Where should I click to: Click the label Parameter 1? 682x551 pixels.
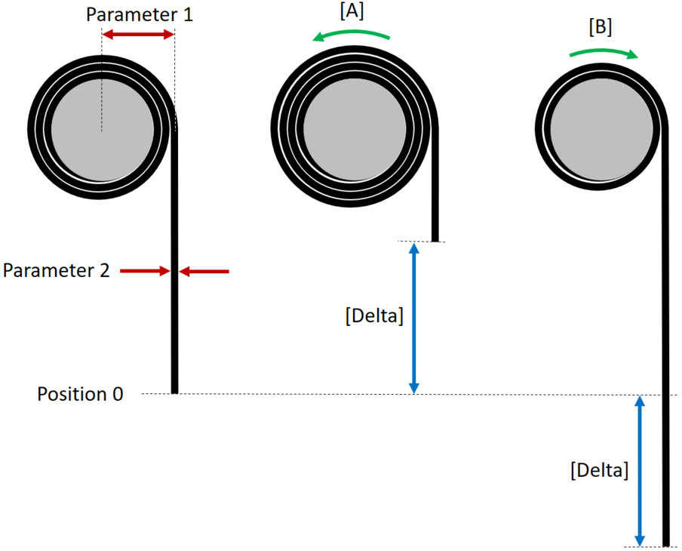pos(140,14)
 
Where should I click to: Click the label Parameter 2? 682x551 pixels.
pos(57,270)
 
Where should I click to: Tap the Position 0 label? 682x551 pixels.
pos(80,394)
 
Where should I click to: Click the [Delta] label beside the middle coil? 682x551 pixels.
pos(374,316)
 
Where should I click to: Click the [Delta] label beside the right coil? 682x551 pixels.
pos(599,470)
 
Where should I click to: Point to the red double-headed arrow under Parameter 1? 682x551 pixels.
pos(138,35)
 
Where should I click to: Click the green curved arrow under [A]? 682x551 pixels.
pos(352,34)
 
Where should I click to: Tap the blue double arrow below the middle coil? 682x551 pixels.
pos(413,318)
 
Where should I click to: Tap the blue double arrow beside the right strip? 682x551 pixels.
pos(640,471)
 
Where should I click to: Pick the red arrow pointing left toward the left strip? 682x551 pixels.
pos(204,270)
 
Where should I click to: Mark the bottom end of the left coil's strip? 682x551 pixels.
pos(175,390)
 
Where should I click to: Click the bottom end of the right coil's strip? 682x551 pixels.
pos(667,543)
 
